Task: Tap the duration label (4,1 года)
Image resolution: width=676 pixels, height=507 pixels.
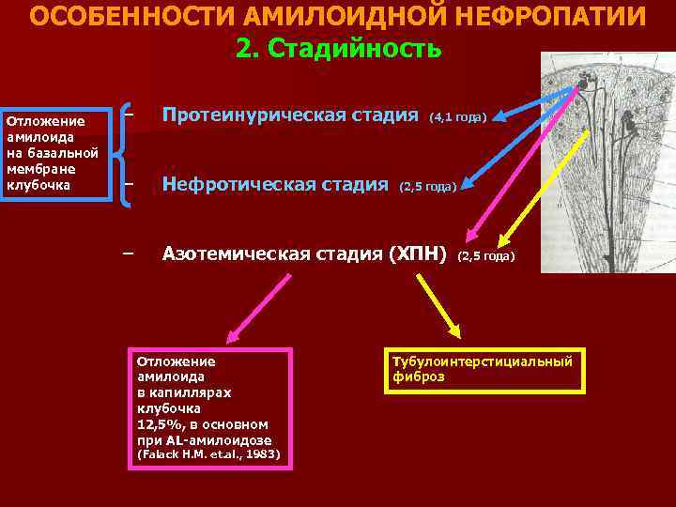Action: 457,117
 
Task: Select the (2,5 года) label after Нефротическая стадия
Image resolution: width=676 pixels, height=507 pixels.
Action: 428,187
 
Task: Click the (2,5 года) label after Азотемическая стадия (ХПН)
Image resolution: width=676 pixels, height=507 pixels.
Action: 486,255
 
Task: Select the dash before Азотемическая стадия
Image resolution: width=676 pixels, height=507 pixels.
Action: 129,252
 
